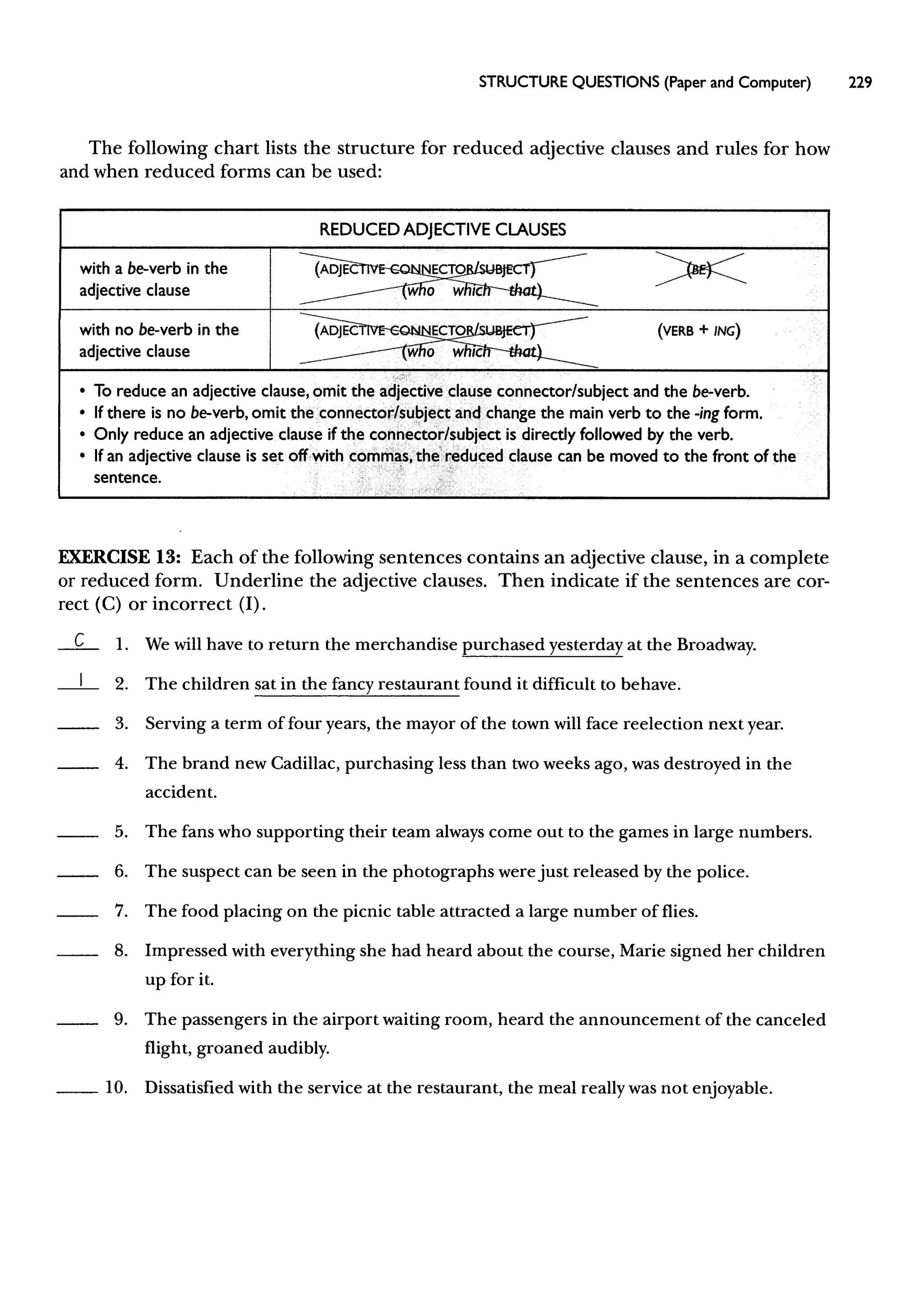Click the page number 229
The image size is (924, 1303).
(x=859, y=83)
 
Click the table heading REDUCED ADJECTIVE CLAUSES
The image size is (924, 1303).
(x=442, y=230)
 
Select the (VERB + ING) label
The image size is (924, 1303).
(x=699, y=331)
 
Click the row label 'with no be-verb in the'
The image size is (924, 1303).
(x=159, y=330)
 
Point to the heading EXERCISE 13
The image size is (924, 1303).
(x=120, y=557)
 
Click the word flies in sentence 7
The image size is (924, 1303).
(x=680, y=912)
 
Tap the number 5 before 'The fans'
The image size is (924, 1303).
(x=120, y=832)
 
